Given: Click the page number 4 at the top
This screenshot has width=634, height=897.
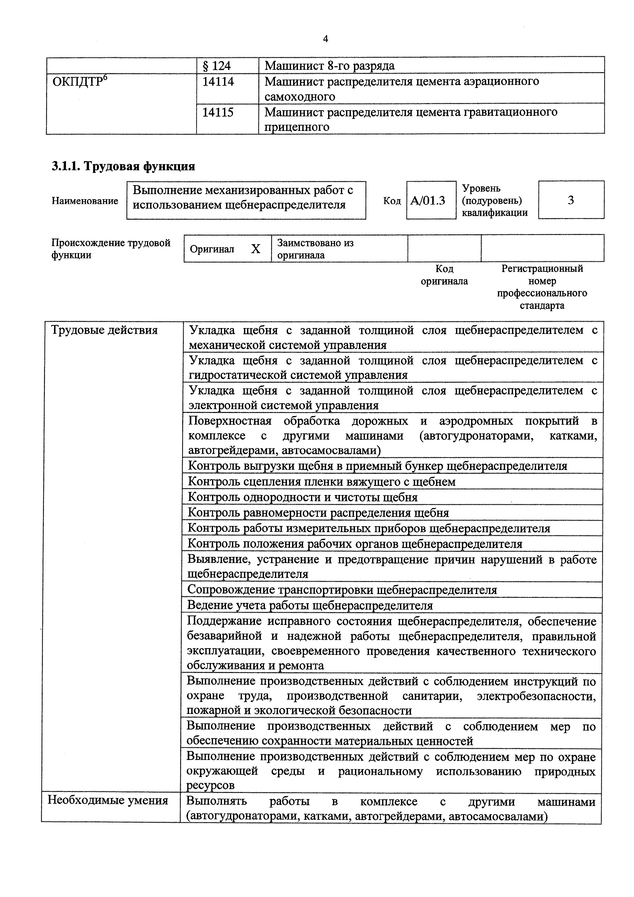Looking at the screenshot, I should click(x=325, y=39).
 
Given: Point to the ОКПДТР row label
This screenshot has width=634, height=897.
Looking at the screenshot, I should click(x=80, y=82).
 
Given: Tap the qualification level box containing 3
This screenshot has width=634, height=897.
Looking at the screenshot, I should click(x=571, y=200).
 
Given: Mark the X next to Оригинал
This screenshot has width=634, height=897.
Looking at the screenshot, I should click(x=255, y=249).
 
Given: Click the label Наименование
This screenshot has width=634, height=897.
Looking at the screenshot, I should click(x=85, y=201).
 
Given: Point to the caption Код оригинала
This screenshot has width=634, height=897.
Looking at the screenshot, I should click(x=444, y=275).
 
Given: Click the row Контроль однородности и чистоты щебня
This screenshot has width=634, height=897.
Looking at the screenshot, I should click(x=303, y=497).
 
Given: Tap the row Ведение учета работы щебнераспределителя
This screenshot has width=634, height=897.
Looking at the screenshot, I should click(x=310, y=606).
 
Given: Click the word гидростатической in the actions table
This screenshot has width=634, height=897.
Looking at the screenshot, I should click(x=239, y=375).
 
